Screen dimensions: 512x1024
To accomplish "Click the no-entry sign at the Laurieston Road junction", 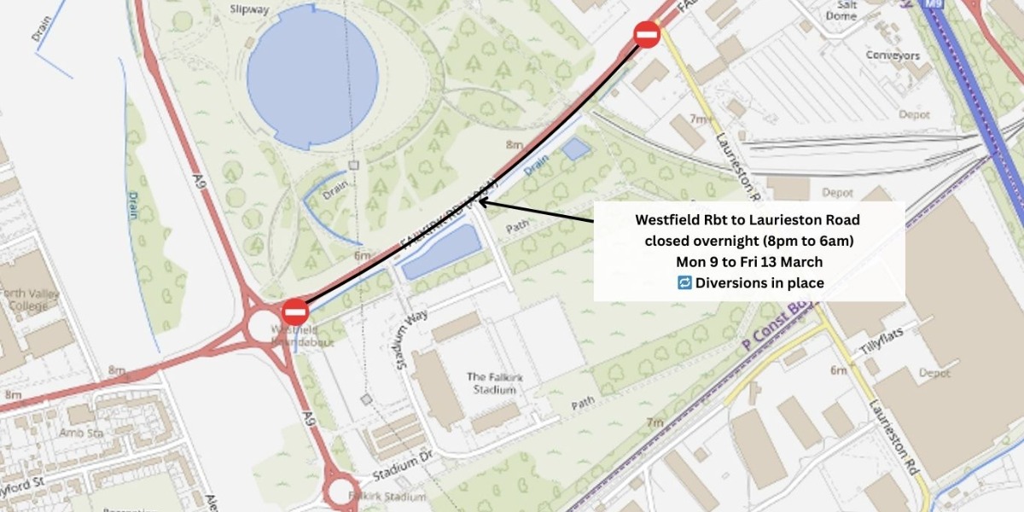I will (647, 35).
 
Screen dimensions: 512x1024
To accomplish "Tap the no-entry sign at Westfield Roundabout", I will (295, 311).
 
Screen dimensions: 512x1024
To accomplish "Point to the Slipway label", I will (250, 9).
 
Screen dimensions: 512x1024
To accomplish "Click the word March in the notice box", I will (802, 262).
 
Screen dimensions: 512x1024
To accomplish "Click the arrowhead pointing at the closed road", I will (483, 202).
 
